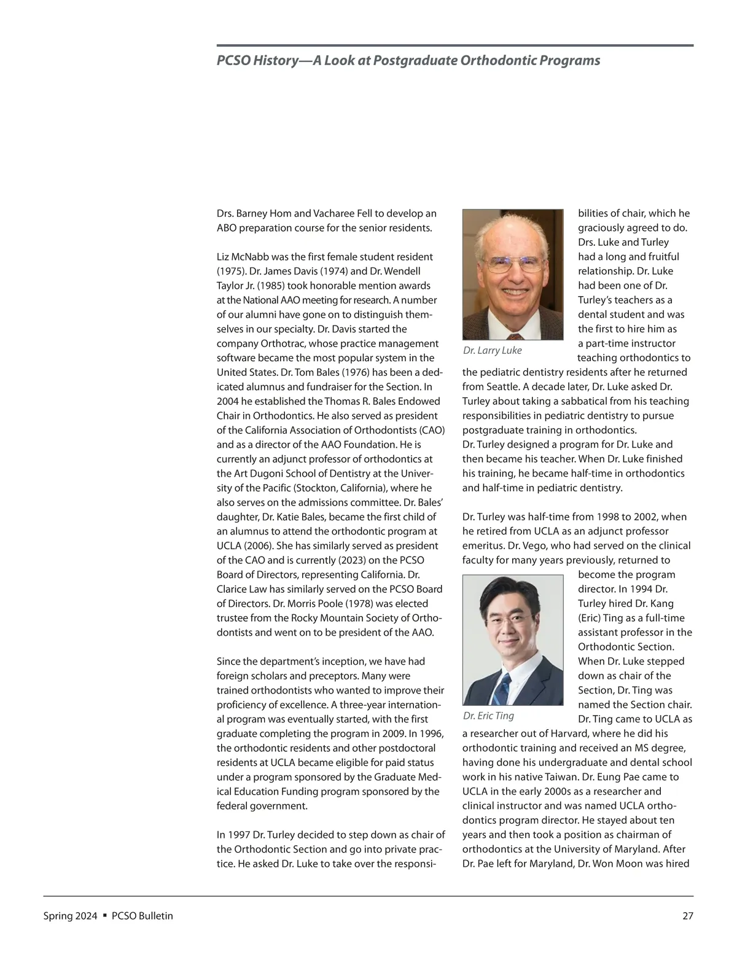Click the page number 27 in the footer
pos(688,916)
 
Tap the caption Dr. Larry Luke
pos(492,350)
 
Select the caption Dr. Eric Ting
pos(488,716)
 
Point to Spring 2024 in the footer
pos(70,916)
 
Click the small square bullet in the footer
pos(105,915)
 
